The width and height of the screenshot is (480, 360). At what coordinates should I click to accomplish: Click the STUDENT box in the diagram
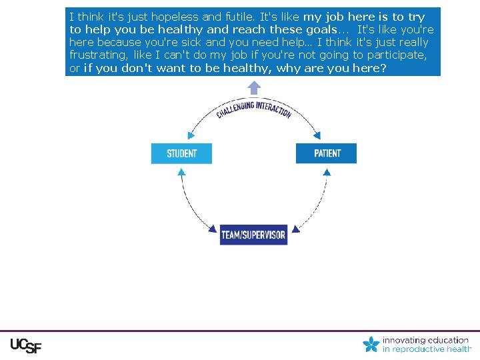coord(181,153)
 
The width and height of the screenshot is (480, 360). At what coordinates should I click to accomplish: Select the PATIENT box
coord(327,153)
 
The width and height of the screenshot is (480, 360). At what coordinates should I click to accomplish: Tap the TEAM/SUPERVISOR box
coord(253,235)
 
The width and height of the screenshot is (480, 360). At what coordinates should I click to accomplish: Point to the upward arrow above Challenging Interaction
coord(254,88)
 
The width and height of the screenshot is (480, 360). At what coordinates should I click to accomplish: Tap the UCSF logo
coord(25,345)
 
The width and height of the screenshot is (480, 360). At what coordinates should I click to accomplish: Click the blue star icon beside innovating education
coord(371,344)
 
